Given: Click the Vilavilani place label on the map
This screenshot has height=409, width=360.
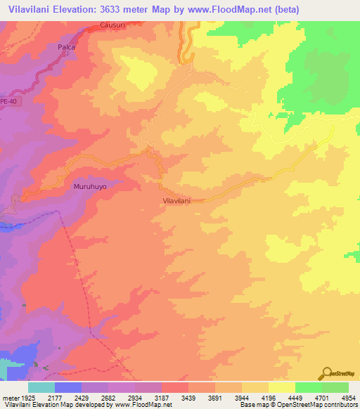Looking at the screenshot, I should pyautogui.click(x=173, y=200).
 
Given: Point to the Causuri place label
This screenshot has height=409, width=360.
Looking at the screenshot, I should pyautogui.click(x=112, y=24).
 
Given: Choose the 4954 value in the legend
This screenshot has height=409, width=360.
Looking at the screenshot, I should pyautogui.click(x=349, y=398).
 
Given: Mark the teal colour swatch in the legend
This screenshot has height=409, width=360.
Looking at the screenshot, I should pyautogui.click(x=41, y=387).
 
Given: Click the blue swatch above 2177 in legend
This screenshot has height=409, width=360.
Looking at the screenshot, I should pyautogui.click(x=68, y=387).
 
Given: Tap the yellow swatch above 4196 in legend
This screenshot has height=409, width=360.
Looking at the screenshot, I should pyautogui.click(x=255, y=387).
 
